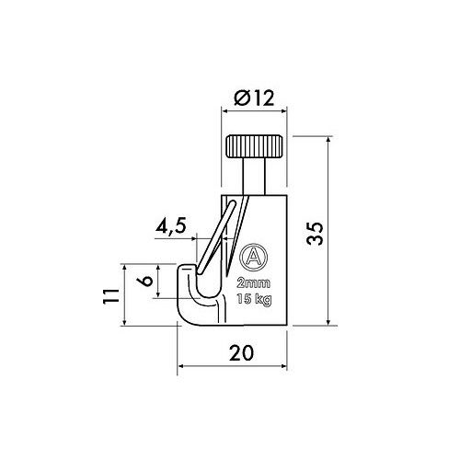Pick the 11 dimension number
pyautogui.click(x=109, y=295)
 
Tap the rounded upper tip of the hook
pyautogui.click(x=187, y=270)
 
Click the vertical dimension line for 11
pyautogui.click(x=125, y=295)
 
